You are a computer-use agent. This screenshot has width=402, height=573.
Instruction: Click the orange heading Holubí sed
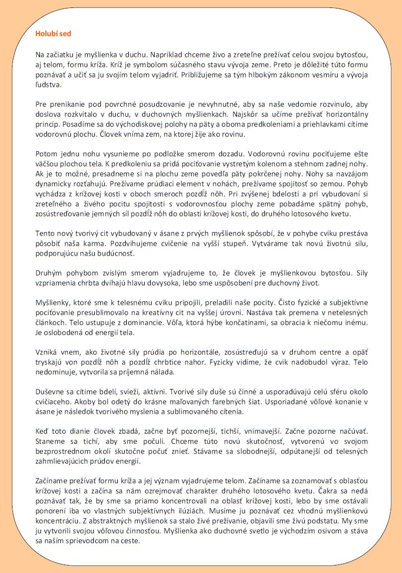pos(53,34)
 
